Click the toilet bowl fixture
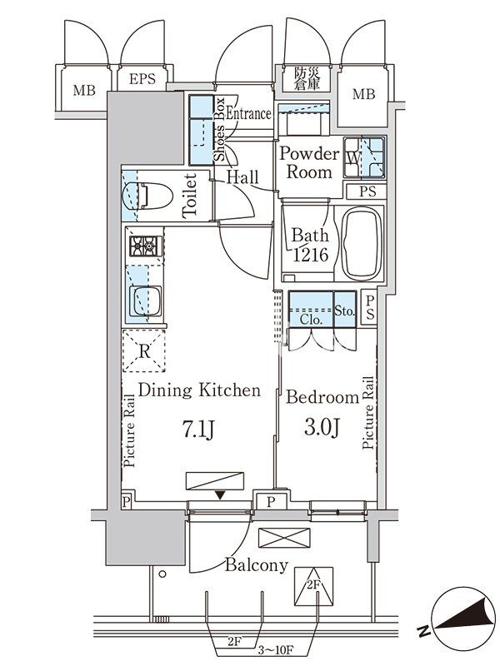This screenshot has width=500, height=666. pyautogui.click(x=147, y=196)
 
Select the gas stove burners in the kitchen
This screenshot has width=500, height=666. pyautogui.click(x=146, y=246)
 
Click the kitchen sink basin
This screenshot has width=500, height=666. pyautogui.click(x=145, y=301)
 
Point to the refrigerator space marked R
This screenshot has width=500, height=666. pyautogui.click(x=143, y=350)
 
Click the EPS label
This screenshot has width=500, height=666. pyautogui.click(x=142, y=79)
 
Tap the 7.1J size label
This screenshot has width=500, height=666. pyautogui.click(x=199, y=429)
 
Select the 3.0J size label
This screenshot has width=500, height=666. pyautogui.click(x=322, y=427)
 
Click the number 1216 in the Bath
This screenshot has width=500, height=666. pyautogui.click(x=311, y=255)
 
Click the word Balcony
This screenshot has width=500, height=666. pyautogui.click(x=257, y=565)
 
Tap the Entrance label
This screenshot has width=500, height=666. pyautogui.click(x=248, y=113)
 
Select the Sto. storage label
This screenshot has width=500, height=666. pyautogui.click(x=344, y=311)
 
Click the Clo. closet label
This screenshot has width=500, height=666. pyautogui.click(x=311, y=320)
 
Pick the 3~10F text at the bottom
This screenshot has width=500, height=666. pyautogui.click(x=277, y=649)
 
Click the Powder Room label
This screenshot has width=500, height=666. pyautogui.click(x=309, y=162)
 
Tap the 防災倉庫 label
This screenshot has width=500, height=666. pyautogui.click(x=307, y=78)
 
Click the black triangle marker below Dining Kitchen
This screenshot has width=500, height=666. pyautogui.click(x=220, y=495)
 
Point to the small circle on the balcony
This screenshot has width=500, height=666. pyautogui.click(x=162, y=574)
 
